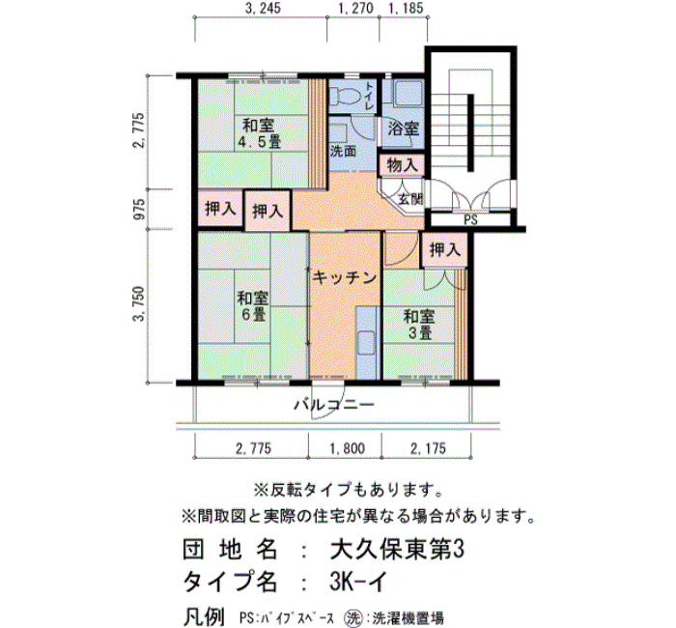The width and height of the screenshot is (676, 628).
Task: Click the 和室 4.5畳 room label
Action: (262, 133)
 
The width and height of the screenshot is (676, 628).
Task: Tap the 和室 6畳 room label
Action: (253, 306)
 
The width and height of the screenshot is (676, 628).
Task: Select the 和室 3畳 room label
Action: (419, 325)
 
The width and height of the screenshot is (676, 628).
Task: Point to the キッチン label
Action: (345, 278)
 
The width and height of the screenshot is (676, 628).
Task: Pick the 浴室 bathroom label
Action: (403, 128)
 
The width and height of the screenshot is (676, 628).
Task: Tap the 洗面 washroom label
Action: (343, 151)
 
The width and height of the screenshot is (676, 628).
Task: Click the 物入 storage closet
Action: (402, 165)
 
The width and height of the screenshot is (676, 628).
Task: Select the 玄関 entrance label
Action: (410, 199)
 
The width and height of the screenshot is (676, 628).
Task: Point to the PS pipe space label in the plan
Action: (471, 220)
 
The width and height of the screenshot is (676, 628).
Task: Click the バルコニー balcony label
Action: (334, 405)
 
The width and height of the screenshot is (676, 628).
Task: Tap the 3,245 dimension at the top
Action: (262, 8)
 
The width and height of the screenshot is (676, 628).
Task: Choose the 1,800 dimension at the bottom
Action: (348, 448)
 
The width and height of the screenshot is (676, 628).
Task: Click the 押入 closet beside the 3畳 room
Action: (445, 250)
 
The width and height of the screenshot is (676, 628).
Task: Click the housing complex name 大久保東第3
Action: (397, 550)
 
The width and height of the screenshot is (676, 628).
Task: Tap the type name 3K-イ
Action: (358, 583)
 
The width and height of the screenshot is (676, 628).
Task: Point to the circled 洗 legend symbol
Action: (352, 617)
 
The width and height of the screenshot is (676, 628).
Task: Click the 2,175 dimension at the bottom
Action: (428, 448)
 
